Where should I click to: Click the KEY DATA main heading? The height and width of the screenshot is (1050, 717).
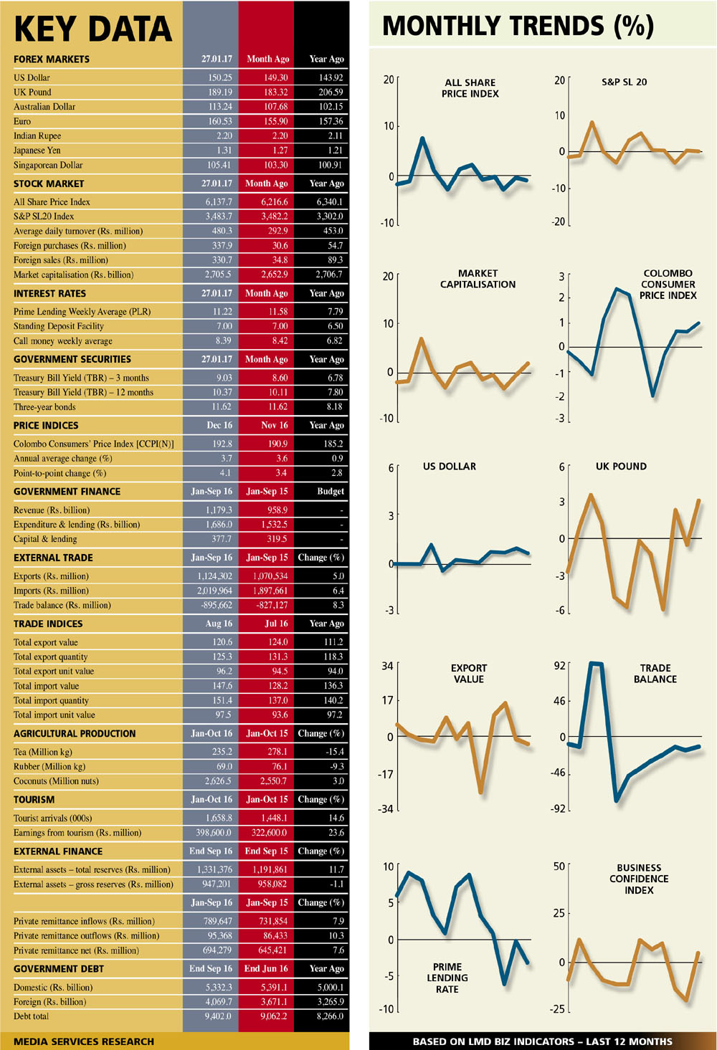click(x=93, y=29)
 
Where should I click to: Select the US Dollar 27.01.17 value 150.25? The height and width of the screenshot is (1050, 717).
click(x=220, y=77)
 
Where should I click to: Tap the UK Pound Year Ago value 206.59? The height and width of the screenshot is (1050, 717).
click(x=331, y=92)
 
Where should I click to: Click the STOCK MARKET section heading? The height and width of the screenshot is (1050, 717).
click(x=49, y=183)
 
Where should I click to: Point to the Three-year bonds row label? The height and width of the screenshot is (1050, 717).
click(x=44, y=407)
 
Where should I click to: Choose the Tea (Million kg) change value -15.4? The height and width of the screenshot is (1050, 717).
click(x=334, y=752)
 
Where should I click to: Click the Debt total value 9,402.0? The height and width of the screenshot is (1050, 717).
click(x=218, y=1016)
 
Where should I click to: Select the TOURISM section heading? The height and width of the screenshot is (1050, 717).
click(x=34, y=800)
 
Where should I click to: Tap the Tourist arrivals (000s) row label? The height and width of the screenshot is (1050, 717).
click(x=52, y=818)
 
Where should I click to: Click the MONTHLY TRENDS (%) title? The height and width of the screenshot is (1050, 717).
click(x=518, y=27)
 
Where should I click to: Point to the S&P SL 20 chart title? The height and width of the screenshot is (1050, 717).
click(x=624, y=82)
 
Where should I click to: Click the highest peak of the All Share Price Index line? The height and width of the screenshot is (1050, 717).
click(x=422, y=138)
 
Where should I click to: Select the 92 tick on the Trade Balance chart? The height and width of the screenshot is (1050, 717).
click(x=560, y=666)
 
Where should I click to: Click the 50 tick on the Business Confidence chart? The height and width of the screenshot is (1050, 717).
click(x=559, y=867)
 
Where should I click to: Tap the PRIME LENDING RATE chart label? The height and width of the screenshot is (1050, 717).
click(x=447, y=978)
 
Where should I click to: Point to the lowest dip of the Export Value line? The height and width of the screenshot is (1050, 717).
click(x=480, y=792)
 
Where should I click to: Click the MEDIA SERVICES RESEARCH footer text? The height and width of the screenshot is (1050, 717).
click(x=84, y=1041)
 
